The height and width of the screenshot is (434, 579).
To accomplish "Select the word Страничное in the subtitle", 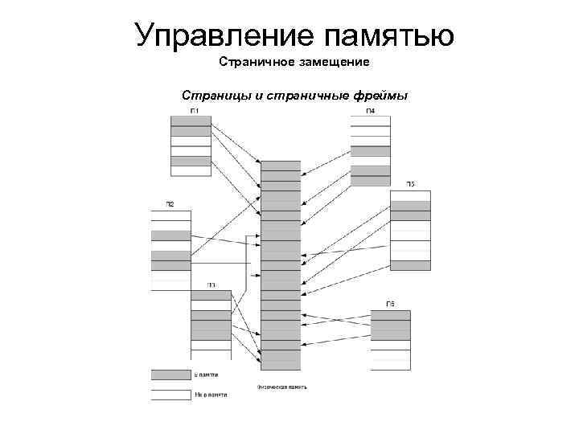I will coord(251,62).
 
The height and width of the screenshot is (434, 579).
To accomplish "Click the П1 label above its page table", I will coord(195,110).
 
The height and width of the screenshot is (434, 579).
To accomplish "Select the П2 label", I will coord(170,204).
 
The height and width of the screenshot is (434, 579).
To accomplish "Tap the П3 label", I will coord(211,285).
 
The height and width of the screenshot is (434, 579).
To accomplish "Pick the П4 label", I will coord(370,110).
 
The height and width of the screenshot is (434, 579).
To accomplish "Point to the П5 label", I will coord(410,185).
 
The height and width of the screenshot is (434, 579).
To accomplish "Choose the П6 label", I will coord(390,304).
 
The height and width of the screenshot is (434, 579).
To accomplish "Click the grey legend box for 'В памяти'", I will coord(170,375).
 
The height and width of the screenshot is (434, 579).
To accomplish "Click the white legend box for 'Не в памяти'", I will coord(170,395).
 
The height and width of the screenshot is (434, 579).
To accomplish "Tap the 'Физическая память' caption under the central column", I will coord(281,387).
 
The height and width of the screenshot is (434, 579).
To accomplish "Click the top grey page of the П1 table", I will coord(191,121).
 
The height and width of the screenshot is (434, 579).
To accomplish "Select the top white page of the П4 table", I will coord(370,121).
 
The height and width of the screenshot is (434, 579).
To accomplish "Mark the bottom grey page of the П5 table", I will coord(410,265).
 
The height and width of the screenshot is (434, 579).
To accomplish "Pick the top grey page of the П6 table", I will coord(390,315).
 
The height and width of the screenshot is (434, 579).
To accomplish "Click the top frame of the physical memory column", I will coord(281,166).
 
